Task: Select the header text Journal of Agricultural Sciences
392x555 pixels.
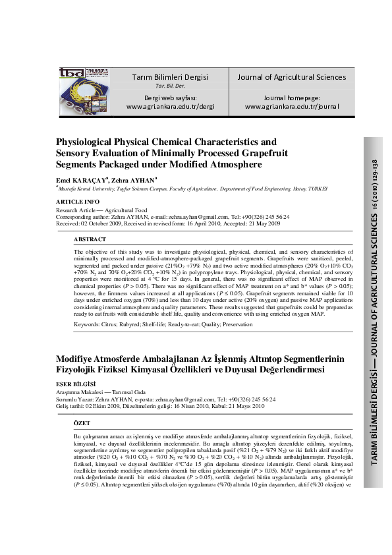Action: tap(291, 77)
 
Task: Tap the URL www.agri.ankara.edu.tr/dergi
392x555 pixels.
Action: tap(171, 106)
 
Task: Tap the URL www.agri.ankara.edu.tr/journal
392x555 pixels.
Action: tap(291, 106)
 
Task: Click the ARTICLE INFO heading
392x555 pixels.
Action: tap(78, 201)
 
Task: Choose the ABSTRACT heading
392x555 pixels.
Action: tap(90, 239)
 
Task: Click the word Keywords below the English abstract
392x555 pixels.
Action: tap(90, 325)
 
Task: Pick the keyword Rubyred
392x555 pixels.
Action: tap(142, 325)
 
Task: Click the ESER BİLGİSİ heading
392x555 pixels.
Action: tap(76, 384)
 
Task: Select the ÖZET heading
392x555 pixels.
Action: tap(81, 422)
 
